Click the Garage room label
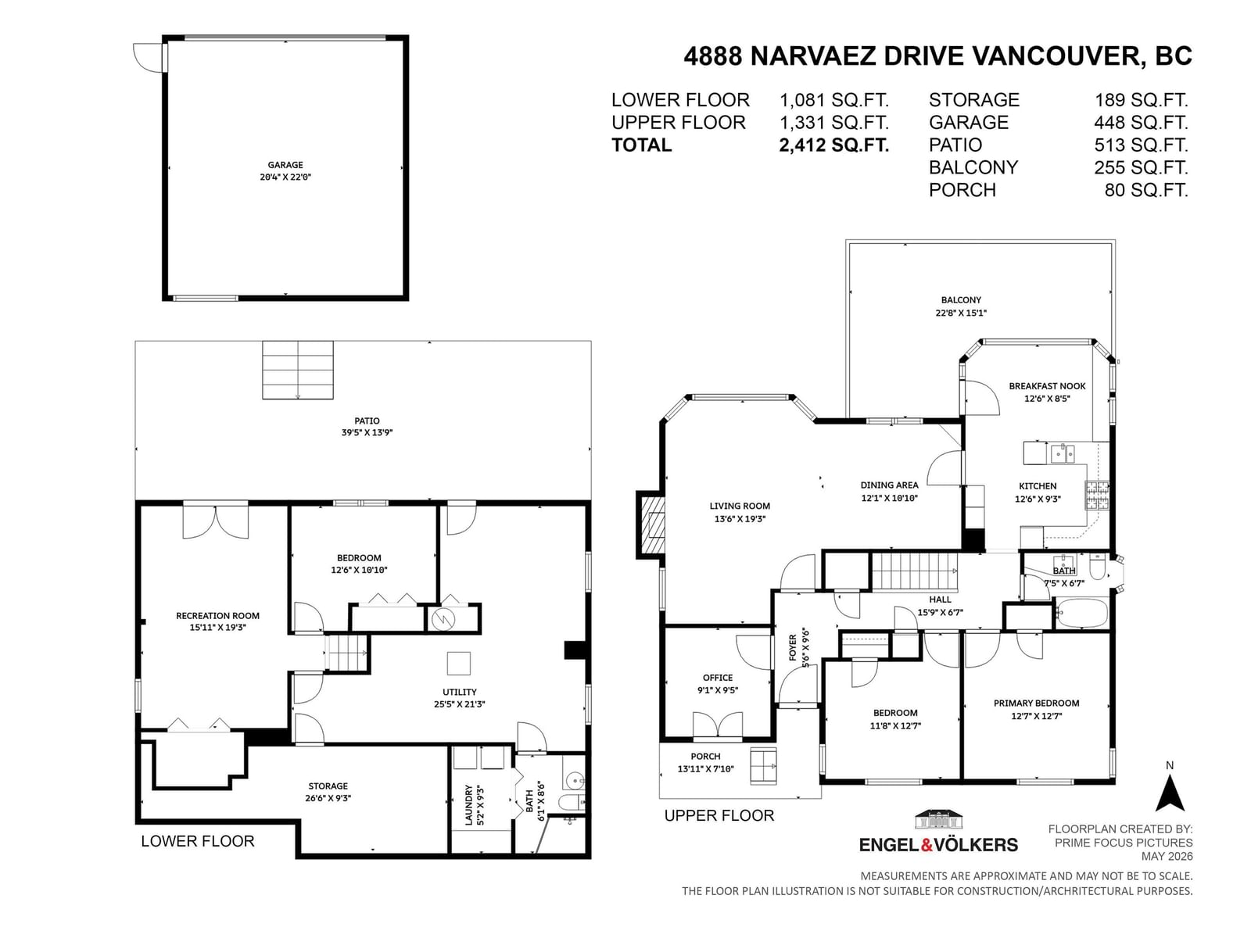[x=285, y=165]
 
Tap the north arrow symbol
[x=1170, y=793]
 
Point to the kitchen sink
[x=1062, y=454]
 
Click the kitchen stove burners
[x=1096, y=494]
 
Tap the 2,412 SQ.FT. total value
[x=833, y=145]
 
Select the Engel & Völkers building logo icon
[x=937, y=819]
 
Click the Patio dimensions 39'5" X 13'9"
[x=367, y=432]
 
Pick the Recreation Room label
[x=217, y=616]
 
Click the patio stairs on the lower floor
[x=298, y=370]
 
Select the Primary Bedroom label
[x=1036, y=703]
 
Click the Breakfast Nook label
[x=1047, y=385]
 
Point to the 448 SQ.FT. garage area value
[x=1141, y=123]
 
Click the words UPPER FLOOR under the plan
[x=719, y=815]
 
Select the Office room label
[x=718, y=677]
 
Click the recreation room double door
[x=216, y=521]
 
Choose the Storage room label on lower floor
[x=328, y=786]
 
